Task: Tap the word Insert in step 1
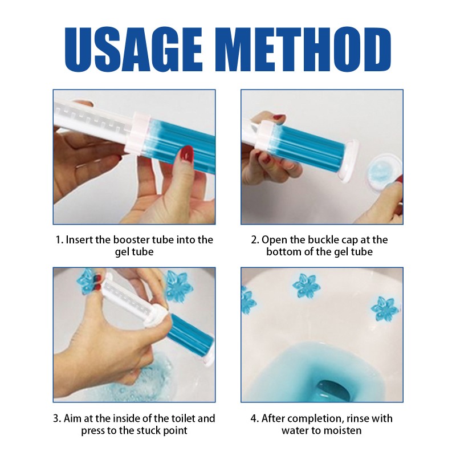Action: pyautogui.click(x=80, y=239)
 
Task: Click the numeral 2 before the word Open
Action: pyautogui.click(x=254, y=239)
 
